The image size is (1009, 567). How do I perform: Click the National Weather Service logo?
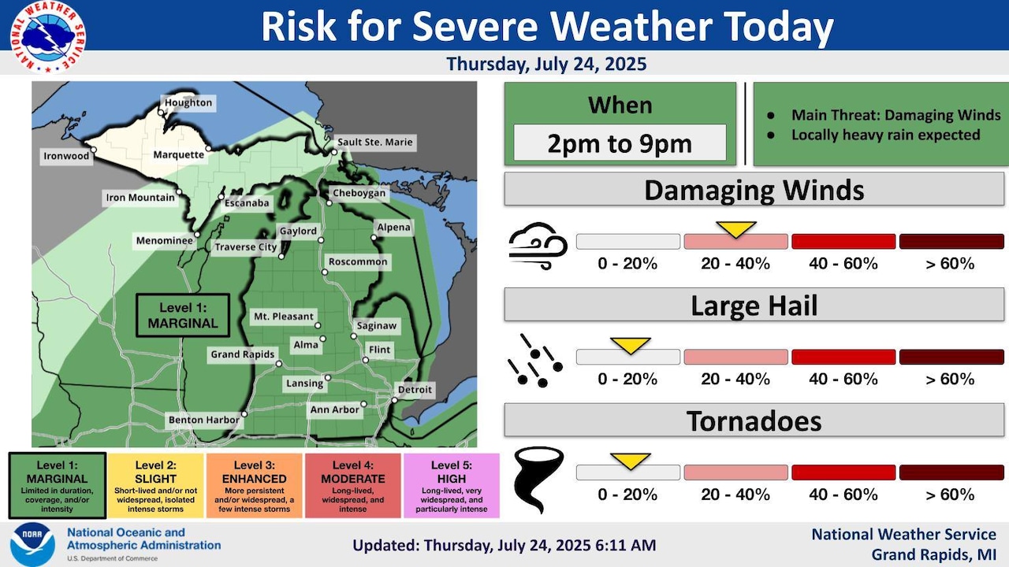[48, 37]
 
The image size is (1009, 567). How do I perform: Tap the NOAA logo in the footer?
[32, 543]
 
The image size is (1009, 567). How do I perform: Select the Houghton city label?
[188, 103]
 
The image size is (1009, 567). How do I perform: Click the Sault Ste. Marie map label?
[374, 143]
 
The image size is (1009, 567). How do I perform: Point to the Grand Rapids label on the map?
[242, 354]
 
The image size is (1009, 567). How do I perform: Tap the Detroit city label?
[415, 390]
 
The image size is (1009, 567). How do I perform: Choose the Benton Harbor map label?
[203, 421]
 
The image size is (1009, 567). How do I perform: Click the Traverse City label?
[247, 247]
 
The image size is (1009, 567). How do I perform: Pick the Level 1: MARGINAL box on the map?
[183, 316]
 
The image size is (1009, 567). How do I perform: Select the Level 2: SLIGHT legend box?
[155, 486]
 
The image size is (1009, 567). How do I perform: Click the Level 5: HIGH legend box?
[452, 486]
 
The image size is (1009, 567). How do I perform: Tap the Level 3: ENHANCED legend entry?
[254, 486]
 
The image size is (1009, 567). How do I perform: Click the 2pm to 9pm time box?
[620, 143]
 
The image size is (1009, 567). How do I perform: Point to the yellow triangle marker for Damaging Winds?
[735, 229]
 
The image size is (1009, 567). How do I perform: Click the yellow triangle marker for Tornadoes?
[630, 461]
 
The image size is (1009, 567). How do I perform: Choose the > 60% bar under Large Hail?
[951, 358]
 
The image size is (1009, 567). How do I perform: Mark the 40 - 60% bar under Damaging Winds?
[843, 242]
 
